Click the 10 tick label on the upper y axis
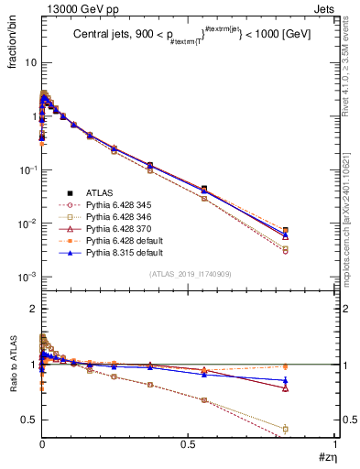point(29,63)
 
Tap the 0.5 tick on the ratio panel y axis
point(29,420)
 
